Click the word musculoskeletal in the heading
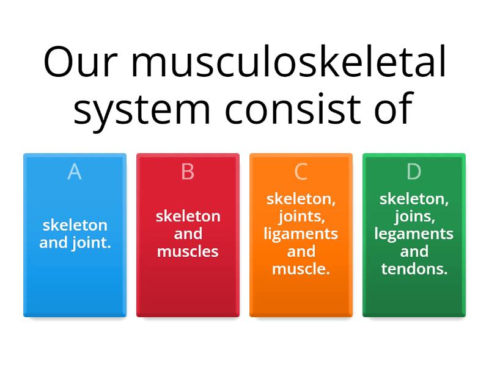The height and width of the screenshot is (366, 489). point(289,63)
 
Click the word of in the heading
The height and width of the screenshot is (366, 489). point(391,109)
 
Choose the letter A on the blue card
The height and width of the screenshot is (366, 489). point(75,172)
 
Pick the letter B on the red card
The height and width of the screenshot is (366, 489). point(188,172)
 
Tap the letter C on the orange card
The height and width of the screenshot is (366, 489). point(301,172)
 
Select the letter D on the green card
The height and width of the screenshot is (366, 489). point(414,172)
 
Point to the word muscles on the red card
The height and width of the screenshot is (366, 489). point(188,251)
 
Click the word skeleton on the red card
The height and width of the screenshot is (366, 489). point(188,217)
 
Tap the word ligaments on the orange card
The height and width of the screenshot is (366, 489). point(301,234)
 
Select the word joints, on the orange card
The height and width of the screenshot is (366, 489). point(301,217)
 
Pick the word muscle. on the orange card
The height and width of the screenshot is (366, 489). point(301,269)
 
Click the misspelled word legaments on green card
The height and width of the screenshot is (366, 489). point(414,234)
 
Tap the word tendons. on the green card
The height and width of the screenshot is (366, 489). point(414,269)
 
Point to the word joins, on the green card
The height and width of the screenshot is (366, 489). point(414,217)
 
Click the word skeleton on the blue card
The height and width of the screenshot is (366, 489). point(75,225)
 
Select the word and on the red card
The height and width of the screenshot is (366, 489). point(188,234)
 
